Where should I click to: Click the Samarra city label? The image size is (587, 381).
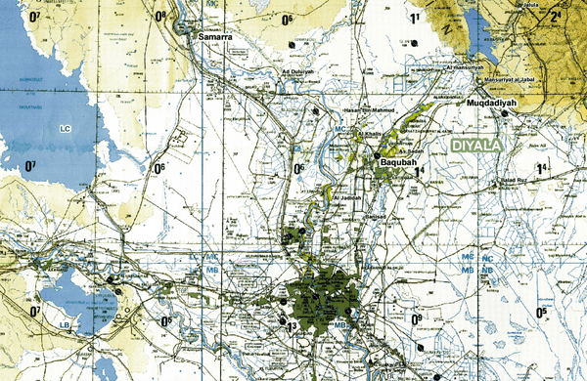tap(214, 37)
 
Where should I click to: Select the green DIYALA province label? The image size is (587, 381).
tap(475, 145)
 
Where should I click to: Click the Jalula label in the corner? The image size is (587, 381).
tap(558, 5)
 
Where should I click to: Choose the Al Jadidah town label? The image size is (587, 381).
tap(347, 198)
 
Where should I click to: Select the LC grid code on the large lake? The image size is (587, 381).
tap(65, 129)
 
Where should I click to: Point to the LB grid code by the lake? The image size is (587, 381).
tap(64, 324)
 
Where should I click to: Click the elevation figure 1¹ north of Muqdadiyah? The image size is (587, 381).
tap(415, 19)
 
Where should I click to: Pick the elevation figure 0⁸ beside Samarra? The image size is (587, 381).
tap(159, 17)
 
